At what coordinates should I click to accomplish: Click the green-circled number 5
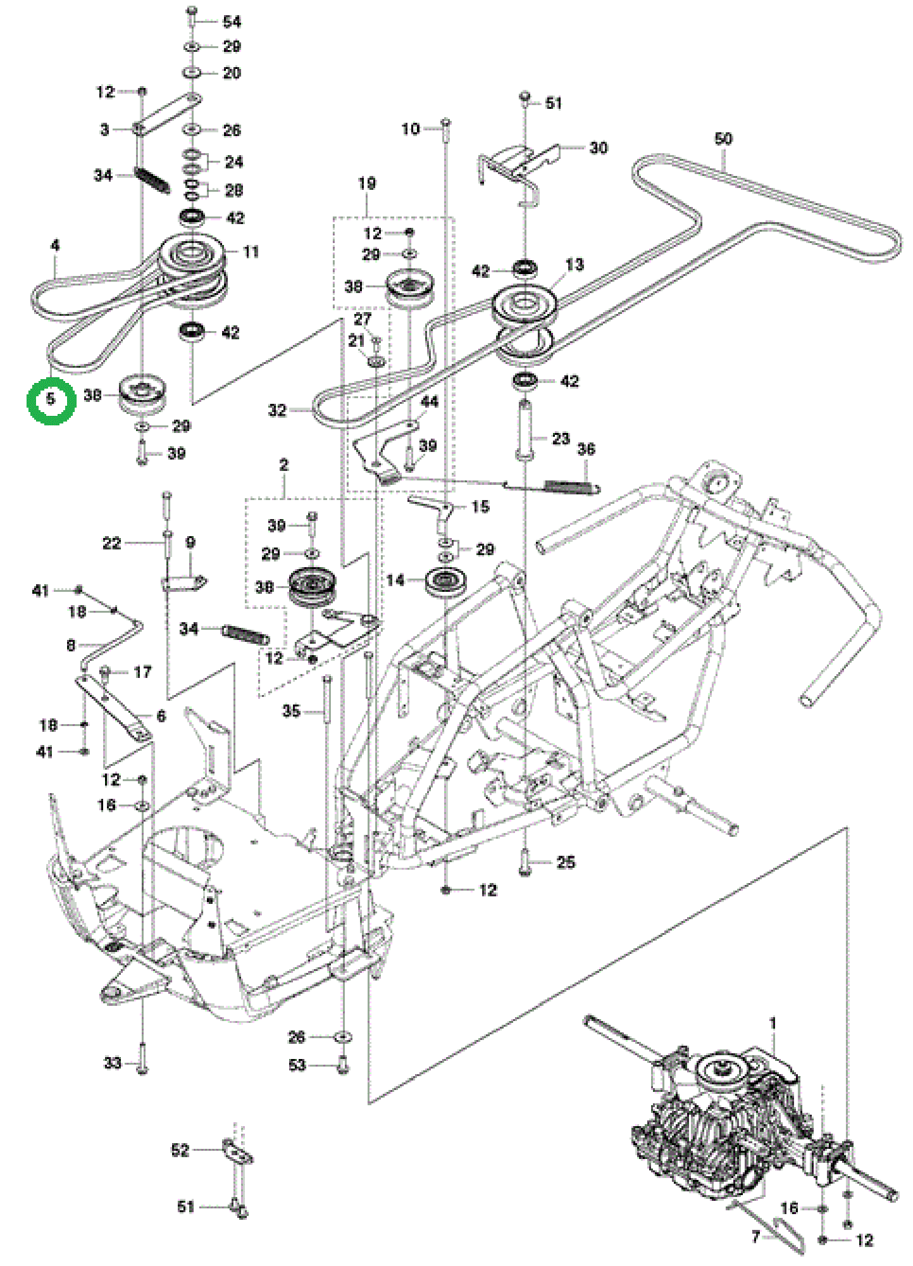pyautogui.click(x=51, y=400)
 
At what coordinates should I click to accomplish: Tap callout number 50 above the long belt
pyautogui.click(x=723, y=139)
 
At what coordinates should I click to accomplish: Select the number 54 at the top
pyautogui.click(x=232, y=22)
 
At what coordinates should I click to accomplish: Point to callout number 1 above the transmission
pyautogui.click(x=773, y=1024)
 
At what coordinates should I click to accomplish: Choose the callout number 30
pyautogui.click(x=598, y=147)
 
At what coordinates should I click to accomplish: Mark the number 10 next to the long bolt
pyautogui.click(x=410, y=128)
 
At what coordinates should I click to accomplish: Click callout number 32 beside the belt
pyautogui.click(x=277, y=410)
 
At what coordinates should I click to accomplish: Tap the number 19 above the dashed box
pyautogui.click(x=367, y=184)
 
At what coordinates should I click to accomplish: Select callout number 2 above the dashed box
pyautogui.click(x=283, y=465)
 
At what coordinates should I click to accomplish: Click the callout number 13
pyautogui.click(x=574, y=265)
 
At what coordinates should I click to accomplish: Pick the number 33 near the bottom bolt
pyautogui.click(x=112, y=1063)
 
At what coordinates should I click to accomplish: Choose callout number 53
pyautogui.click(x=297, y=1065)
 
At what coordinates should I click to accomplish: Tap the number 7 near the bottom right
pyautogui.click(x=755, y=1236)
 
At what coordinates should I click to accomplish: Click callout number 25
pyautogui.click(x=565, y=862)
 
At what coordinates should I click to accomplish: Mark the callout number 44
pyautogui.click(x=429, y=401)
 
